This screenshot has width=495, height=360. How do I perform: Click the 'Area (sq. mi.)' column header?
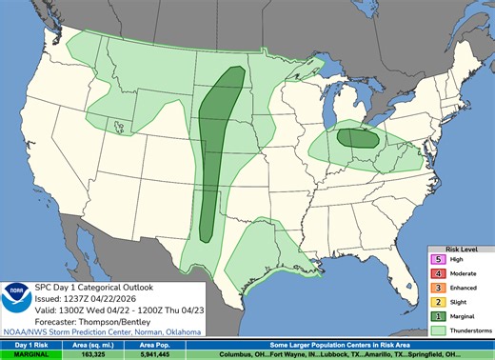pyautogui.click(x=103, y=344)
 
